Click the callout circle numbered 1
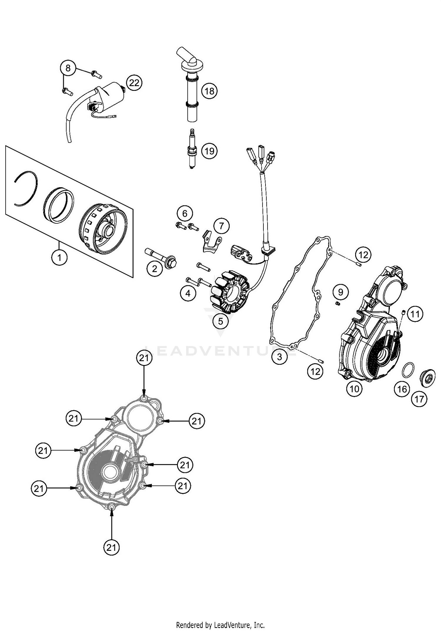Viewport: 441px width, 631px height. (x=59, y=258)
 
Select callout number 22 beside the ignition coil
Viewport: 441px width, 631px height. (x=134, y=83)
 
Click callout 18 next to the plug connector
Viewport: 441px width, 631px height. (x=209, y=91)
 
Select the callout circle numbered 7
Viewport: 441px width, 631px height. (x=221, y=226)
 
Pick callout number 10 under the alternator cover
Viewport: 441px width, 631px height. (x=354, y=389)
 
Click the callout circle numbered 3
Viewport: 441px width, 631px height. (x=279, y=357)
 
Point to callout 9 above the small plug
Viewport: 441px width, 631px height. (x=341, y=292)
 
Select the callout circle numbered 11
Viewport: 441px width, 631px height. (x=415, y=314)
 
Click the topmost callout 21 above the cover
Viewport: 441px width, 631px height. (x=144, y=358)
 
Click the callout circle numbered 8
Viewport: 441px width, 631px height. (x=68, y=68)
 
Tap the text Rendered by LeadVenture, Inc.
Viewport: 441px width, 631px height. (x=220, y=625)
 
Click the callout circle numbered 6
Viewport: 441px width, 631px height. (x=185, y=213)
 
